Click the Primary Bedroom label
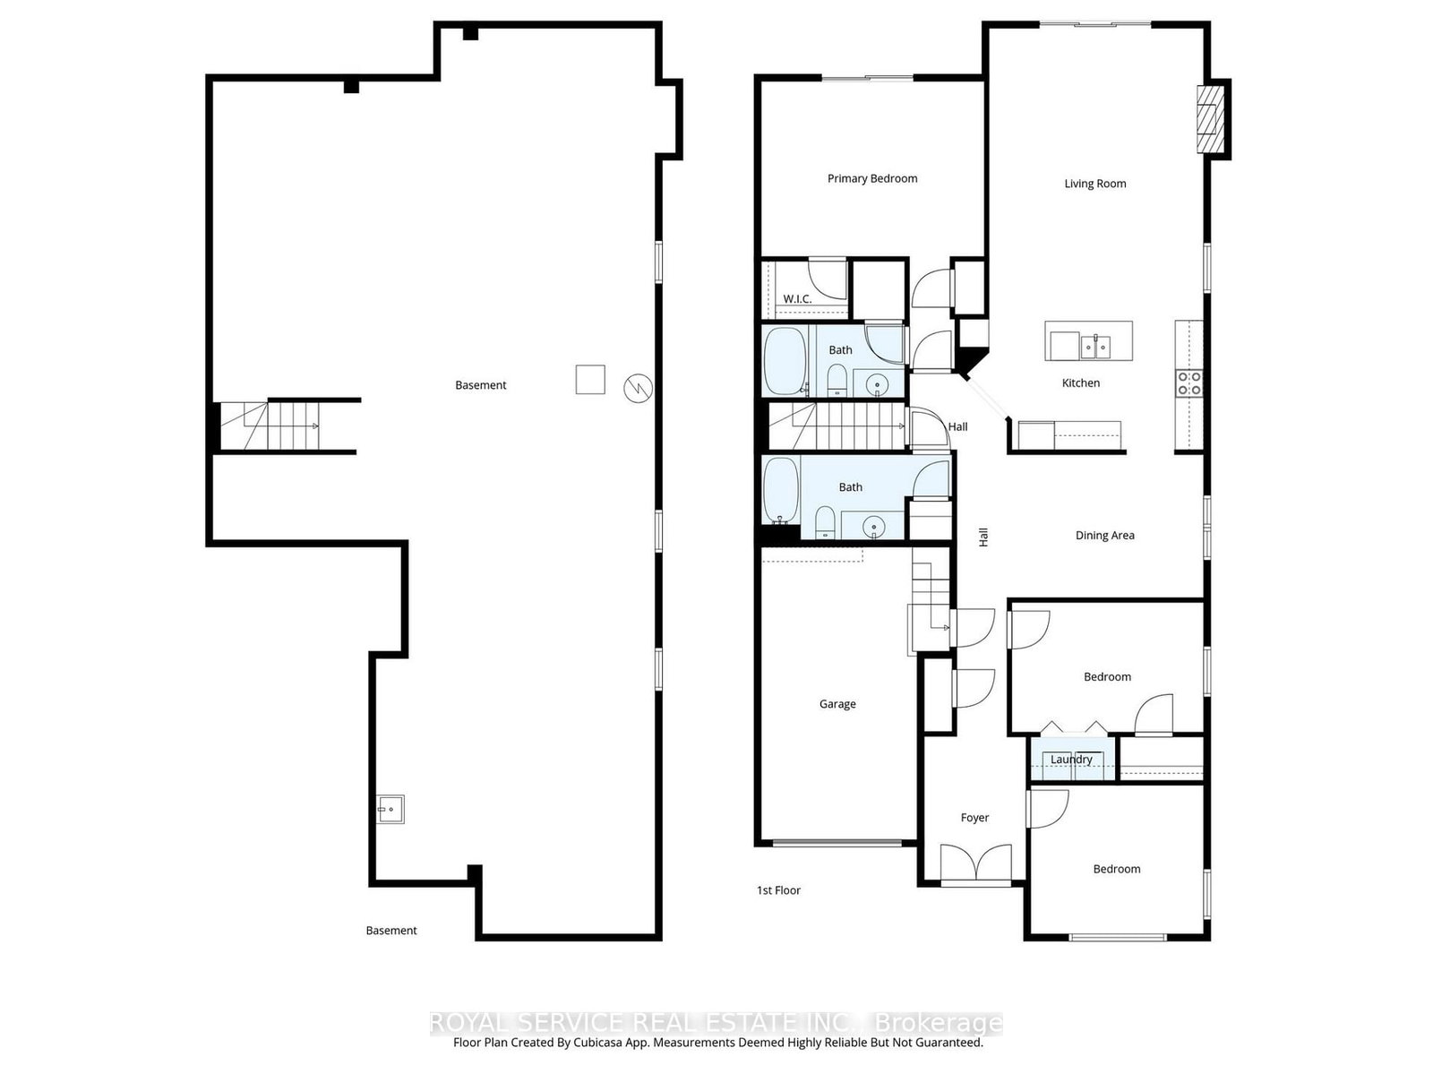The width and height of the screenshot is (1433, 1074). pos(871,178)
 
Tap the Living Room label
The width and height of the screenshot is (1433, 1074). pos(1094,184)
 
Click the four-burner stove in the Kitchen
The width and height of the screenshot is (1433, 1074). pos(1188,383)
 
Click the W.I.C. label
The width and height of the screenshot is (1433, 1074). pos(797,299)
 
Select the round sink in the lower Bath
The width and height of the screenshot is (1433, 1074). pos(873,525)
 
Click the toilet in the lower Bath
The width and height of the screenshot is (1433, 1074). pos(825,521)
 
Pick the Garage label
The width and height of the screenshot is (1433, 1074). pos(837,704)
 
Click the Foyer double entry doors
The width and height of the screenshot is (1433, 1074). pos(975,863)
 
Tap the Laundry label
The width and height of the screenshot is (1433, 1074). pos(1070,760)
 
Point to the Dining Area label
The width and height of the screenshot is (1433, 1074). pos(1104,536)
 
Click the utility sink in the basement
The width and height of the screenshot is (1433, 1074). pos(390,810)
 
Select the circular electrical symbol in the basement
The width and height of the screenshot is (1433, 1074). pos(638,389)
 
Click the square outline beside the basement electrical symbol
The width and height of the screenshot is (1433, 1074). pos(589,379)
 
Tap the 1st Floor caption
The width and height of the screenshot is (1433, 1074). pos(778,889)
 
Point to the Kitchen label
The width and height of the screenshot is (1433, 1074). pos(1080,383)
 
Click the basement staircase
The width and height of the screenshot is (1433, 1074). pos(270,425)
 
